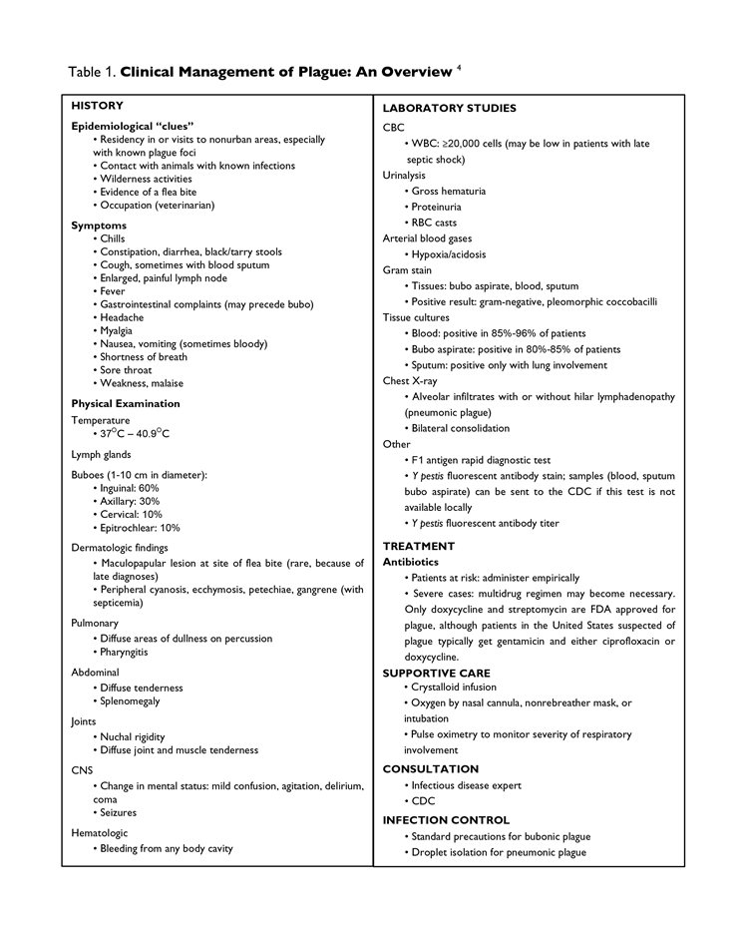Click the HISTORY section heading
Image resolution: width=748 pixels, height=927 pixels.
pos(98,105)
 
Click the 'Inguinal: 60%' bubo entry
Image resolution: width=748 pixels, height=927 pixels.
pos(129,488)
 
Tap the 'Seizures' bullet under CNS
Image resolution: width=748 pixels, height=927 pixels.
pos(119,812)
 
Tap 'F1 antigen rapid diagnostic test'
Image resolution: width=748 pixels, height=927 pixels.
pos(481,460)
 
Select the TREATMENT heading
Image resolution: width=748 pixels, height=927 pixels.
pos(419,546)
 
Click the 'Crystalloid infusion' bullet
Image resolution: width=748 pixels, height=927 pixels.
pos(453,688)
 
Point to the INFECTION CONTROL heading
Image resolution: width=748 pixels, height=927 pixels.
pos(446,820)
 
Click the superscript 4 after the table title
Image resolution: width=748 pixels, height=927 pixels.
pos(459,67)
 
